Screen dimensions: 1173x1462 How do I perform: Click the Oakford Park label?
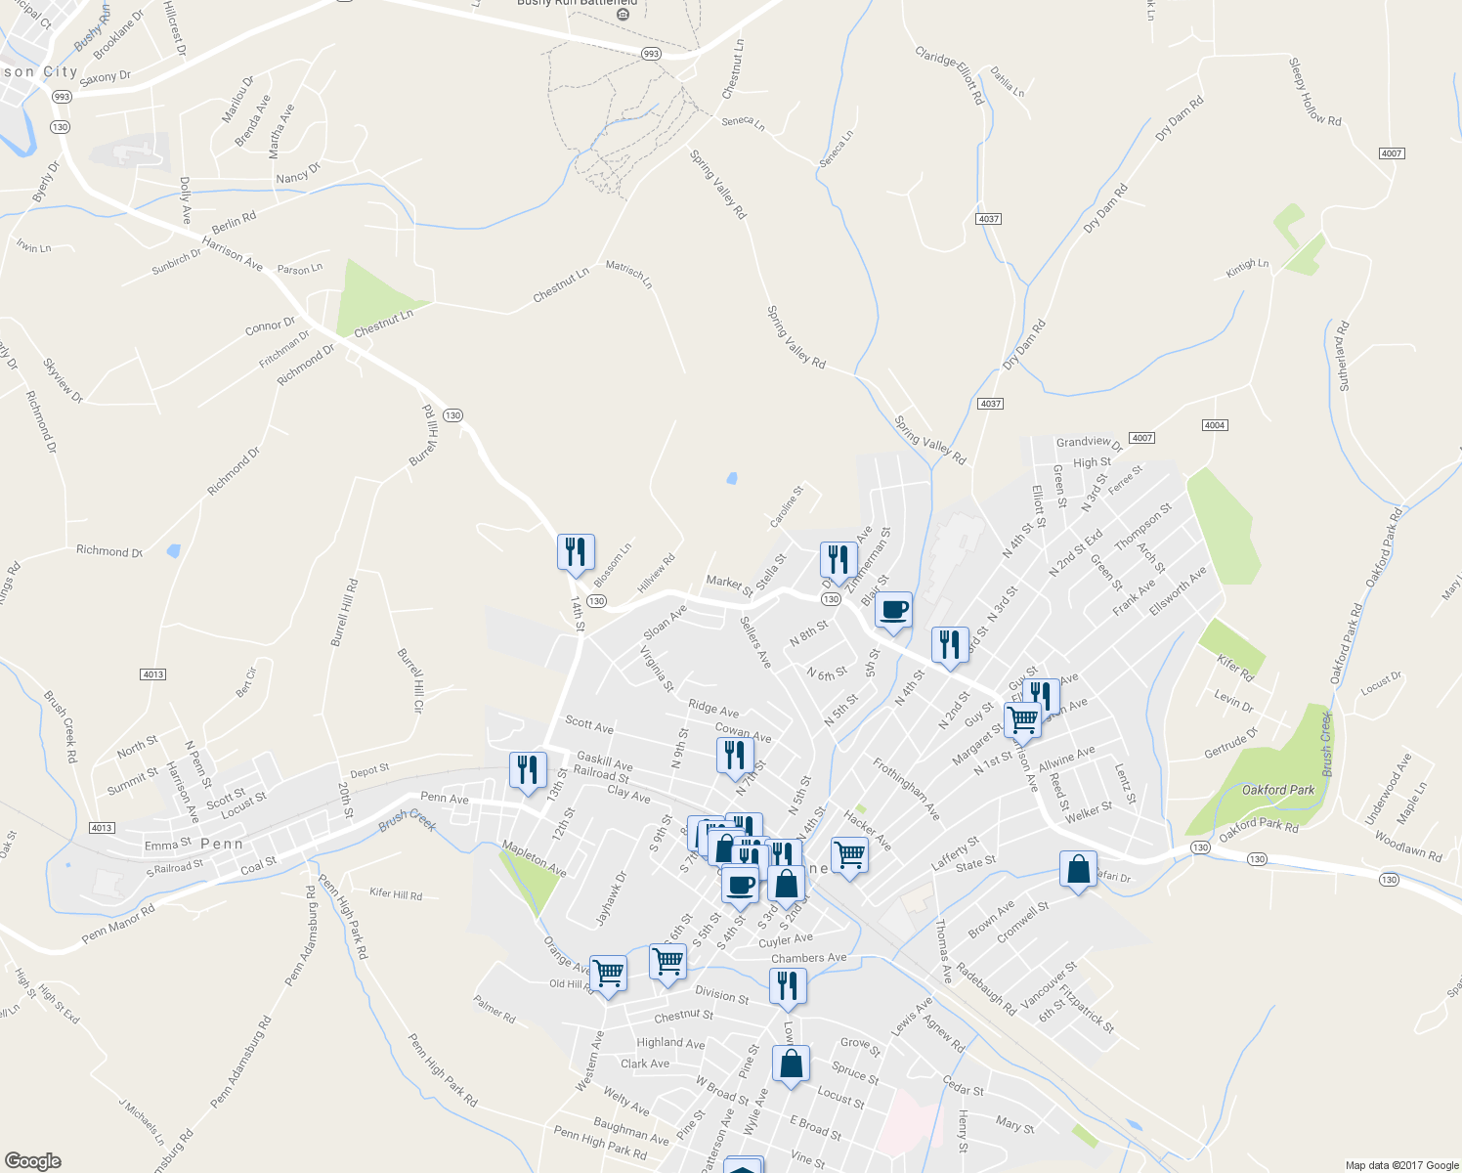[x=1278, y=790]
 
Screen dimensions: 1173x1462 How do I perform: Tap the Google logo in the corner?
[x=32, y=1161]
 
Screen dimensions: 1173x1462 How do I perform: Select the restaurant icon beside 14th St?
[x=576, y=552]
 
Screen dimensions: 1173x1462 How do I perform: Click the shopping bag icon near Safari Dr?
[x=1077, y=870]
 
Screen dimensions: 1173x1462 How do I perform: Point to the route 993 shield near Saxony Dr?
[x=62, y=97]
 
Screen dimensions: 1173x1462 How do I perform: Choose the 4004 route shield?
[x=1215, y=425]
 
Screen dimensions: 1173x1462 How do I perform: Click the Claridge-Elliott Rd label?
[x=949, y=75]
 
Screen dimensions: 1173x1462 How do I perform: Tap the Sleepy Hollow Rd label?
[x=1314, y=92]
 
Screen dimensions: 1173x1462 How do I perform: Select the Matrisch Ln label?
[x=628, y=274]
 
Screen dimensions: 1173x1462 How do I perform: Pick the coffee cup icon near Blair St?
[x=893, y=610]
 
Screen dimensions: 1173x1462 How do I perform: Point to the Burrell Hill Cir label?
[x=410, y=680]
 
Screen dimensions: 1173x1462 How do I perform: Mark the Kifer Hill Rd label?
[x=396, y=894]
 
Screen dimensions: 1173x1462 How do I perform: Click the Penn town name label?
[x=222, y=844]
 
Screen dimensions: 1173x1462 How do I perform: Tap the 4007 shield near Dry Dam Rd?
[x=1392, y=153]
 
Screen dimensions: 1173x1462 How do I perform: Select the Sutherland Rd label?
[x=1343, y=356]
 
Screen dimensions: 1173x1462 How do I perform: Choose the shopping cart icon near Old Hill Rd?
[x=608, y=973]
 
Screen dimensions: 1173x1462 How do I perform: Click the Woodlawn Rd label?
[x=1408, y=846]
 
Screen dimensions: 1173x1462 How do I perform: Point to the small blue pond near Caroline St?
[x=731, y=479]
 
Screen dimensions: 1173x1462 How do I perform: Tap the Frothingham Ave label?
[x=906, y=789]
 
